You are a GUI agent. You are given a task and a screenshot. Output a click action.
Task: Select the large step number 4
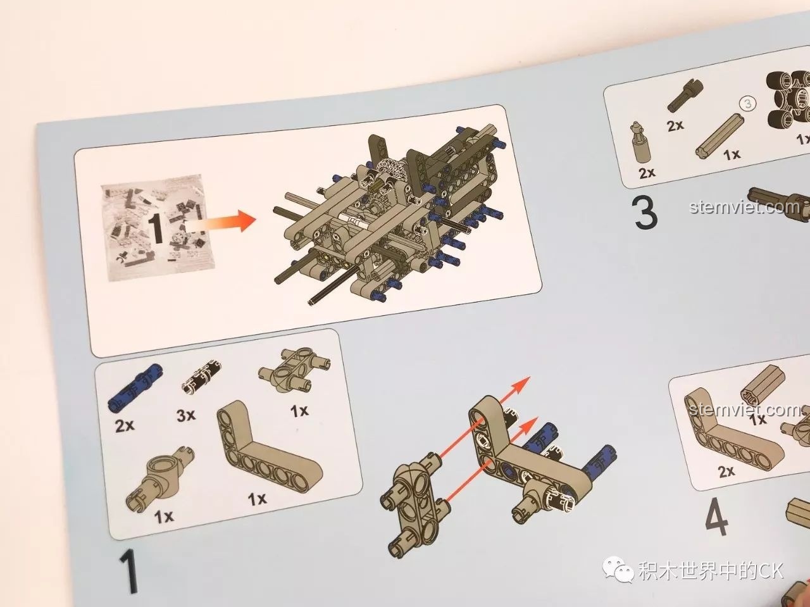coord(716,517)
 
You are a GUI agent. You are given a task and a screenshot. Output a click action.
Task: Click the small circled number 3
coord(747,104)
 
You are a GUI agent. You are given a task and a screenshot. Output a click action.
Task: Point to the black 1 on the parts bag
coord(157,223)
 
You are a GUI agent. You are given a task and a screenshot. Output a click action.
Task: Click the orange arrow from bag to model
coord(221,223)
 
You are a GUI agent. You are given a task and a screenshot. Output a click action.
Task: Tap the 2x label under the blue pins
coord(125,426)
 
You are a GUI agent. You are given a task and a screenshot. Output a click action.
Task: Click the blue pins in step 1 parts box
coord(135,387)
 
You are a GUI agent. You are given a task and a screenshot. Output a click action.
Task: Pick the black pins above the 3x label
coord(201,376)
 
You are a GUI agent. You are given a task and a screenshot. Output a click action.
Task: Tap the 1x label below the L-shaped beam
coord(257,499)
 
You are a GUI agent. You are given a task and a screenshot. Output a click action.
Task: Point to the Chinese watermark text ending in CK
coord(711,570)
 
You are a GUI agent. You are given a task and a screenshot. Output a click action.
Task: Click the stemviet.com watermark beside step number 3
coord(745,207)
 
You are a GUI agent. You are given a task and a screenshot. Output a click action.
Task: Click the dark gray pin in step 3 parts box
coord(685,96)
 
